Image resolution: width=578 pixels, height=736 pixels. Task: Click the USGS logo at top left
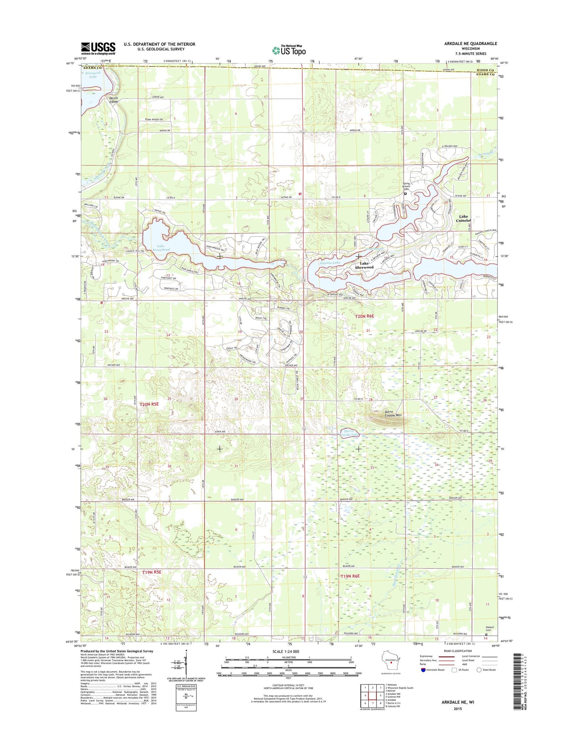tap(98, 49)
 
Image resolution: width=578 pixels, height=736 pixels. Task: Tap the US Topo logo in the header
tap(289, 50)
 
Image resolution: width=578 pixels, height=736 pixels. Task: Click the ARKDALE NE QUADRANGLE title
tap(470, 43)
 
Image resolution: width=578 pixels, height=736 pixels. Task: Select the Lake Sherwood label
tap(364, 265)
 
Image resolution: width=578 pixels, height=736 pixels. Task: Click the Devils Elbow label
tap(114, 100)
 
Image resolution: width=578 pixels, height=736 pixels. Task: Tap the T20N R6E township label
tap(364, 316)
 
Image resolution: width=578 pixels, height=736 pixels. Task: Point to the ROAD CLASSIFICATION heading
tap(457, 651)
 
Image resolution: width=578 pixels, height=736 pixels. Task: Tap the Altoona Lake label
tap(330, 263)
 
